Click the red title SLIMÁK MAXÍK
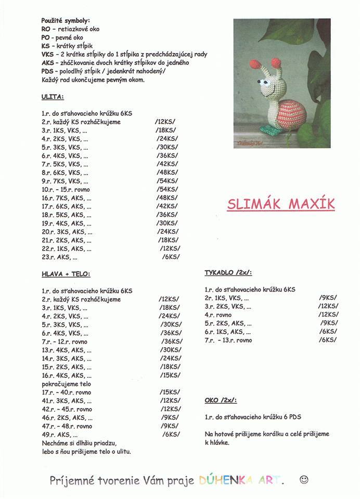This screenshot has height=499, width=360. pos(281,204)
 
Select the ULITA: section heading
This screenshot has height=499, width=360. pos(53,97)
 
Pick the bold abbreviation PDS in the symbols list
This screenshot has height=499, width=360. pos(47,71)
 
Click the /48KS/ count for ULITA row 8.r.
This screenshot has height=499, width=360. pos(166,173)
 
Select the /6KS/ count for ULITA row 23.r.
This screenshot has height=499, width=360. pos(171,257)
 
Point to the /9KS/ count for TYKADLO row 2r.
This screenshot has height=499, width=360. pos(327,298)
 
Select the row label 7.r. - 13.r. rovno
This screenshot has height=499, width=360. pos(228,340)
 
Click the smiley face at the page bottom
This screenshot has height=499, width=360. pos(304,479)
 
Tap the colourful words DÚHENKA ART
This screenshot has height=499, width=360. pos(242,481)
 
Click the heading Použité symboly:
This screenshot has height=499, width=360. pos(65,20)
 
